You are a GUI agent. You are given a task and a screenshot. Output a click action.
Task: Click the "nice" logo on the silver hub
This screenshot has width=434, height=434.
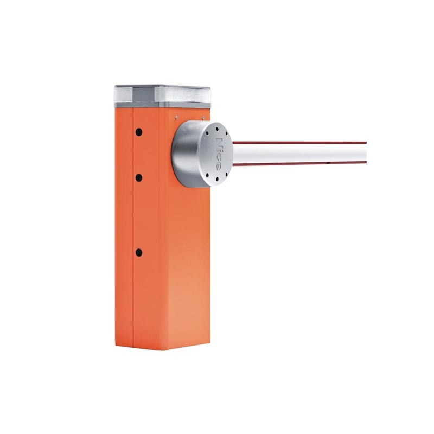point(219,153)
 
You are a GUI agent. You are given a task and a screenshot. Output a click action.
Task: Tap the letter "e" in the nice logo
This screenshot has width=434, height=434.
point(219,166)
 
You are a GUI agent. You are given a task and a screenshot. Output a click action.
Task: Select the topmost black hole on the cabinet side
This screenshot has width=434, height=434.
point(139,132)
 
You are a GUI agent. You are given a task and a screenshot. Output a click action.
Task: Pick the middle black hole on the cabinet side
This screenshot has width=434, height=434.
point(139,178)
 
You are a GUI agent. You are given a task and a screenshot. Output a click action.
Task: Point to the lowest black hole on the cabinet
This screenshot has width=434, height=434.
point(139,252)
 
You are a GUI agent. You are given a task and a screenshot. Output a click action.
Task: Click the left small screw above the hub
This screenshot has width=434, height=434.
point(176,117)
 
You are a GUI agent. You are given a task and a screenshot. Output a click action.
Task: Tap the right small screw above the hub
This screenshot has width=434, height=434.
point(203,118)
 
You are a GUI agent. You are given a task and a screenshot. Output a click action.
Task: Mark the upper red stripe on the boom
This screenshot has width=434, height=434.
point(300,143)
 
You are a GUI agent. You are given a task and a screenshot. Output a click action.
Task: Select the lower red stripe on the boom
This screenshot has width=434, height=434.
point(300,164)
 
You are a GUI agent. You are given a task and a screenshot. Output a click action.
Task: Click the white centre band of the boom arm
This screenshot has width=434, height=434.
point(300,154)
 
